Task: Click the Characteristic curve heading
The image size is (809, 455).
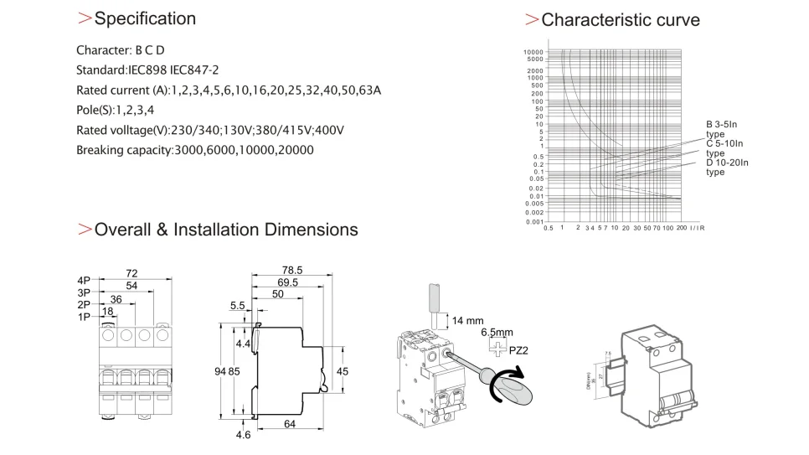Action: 621,19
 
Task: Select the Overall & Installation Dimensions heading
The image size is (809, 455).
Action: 226,230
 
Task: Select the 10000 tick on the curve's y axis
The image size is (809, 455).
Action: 533,52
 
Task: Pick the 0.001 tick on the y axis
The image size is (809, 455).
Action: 533,222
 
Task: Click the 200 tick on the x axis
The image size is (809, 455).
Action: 680,228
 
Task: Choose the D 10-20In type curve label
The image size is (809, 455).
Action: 727,167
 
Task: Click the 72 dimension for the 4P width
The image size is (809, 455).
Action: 131,273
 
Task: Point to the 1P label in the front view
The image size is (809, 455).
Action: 84,318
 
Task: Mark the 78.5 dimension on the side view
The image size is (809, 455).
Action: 291,271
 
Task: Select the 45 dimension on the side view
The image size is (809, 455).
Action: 343,371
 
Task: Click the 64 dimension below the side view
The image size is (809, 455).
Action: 289,425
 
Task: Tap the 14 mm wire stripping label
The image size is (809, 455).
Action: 468,321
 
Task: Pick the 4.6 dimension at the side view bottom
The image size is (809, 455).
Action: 242,435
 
